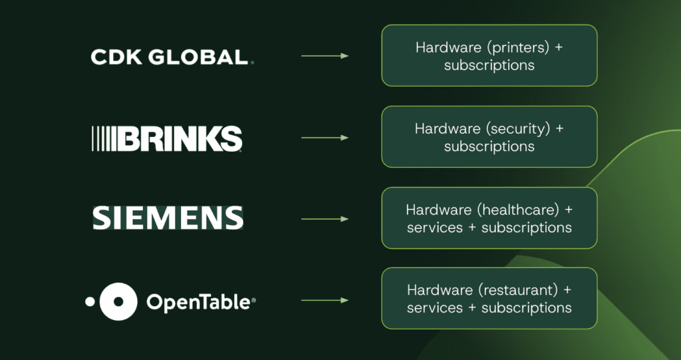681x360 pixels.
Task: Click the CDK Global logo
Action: [x=172, y=57]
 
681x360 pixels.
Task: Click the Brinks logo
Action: [x=167, y=138]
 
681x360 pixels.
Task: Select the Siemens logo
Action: [x=168, y=218]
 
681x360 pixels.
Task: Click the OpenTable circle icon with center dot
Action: [x=118, y=301]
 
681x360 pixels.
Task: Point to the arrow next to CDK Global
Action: [x=325, y=56]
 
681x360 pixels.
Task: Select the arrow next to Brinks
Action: [x=325, y=138]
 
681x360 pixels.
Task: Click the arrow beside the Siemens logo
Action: [x=325, y=219]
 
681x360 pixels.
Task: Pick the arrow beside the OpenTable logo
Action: [x=325, y=301]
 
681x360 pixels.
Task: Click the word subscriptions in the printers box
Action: [x=489, y=65]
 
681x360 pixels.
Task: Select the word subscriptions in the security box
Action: [x=489, y=146]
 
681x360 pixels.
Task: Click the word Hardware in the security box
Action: [x=444, y=129]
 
